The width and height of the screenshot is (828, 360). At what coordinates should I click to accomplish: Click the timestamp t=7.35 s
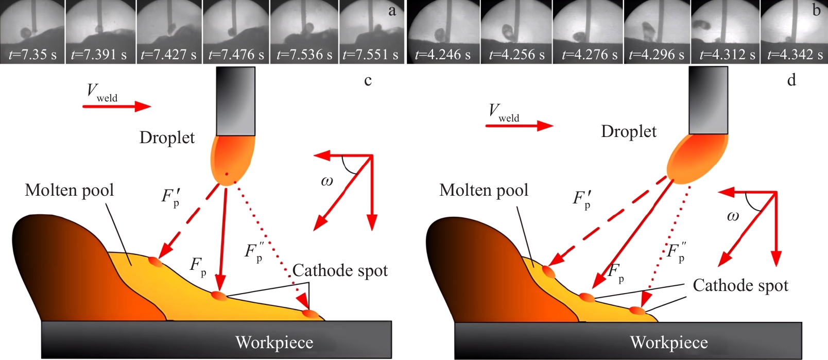click(x=32, y=55)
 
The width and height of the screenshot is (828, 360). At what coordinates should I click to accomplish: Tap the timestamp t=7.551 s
click(x=370, y=55)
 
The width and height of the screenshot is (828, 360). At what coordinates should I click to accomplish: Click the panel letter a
click(x=392, y=11)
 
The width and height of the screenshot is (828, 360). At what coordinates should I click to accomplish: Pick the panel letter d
click(x=791, y=80)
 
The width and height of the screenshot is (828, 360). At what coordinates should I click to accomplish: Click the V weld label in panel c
click(x=101, y=93)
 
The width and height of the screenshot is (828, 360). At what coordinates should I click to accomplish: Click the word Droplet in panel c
click(x=167, y=138)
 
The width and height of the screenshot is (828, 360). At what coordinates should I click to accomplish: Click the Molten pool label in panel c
click(x=69, y=191)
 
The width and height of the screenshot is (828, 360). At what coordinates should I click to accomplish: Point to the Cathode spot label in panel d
click(x=740, y=286)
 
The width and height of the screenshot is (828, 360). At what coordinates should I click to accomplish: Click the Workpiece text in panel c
click(x=274, y=342)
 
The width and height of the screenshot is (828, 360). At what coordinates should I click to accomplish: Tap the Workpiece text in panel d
click(x=669, y=342)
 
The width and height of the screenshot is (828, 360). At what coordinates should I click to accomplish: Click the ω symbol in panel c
click(x=327, y=181)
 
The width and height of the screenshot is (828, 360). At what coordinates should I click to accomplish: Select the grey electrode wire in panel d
click(x=708, y=100)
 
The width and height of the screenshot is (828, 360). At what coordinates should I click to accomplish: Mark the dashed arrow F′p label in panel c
click(x=171, y=197)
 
